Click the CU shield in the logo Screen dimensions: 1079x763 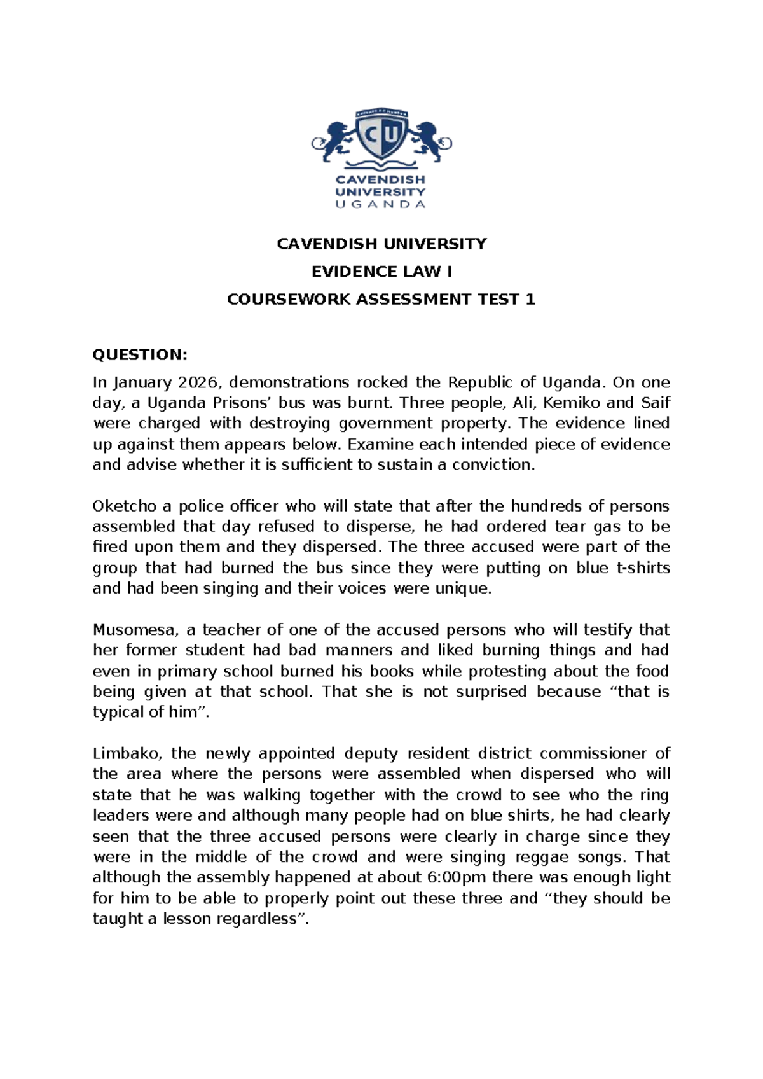(381, 135)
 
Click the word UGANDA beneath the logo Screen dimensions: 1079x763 (380, 204)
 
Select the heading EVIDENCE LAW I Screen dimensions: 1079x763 (381, 272)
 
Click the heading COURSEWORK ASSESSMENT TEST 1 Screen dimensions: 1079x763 (381, 300)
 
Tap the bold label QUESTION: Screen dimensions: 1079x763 (140, 354)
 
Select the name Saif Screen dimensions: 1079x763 (655, 403)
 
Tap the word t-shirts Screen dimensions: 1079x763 (643, 567)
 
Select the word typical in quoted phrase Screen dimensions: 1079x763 (118, 712)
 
